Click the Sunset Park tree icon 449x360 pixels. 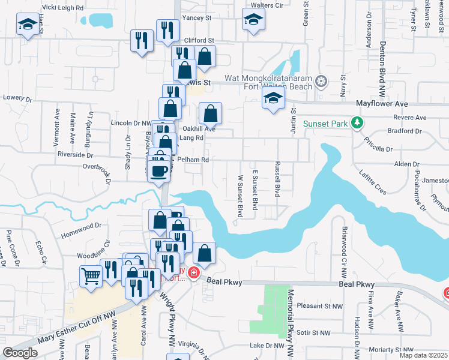coord(358,123)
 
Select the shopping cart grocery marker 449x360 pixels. coord(90,277)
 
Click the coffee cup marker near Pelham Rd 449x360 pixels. coord(159,172)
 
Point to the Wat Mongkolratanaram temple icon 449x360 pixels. coord(322,81)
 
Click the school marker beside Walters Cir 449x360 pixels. coord(253,20)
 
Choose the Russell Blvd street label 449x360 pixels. coord(277,179)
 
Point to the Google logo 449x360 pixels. coord(20,353)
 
